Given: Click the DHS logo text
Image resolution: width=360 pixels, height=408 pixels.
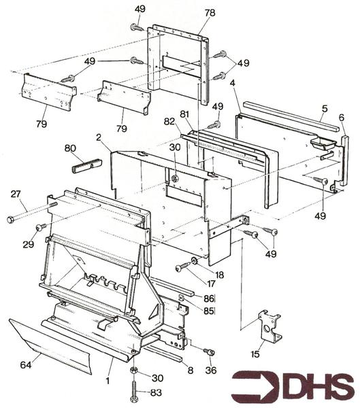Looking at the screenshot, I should click(x=293, y=387).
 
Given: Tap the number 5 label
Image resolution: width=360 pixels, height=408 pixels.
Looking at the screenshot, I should click(x=325, y=107).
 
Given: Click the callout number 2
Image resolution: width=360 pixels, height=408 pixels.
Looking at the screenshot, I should click(x=99, y=137).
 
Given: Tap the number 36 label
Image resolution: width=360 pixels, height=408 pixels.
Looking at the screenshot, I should click(x=210, y=370).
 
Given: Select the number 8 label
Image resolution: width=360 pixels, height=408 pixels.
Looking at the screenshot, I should click(x=189, y=371).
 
